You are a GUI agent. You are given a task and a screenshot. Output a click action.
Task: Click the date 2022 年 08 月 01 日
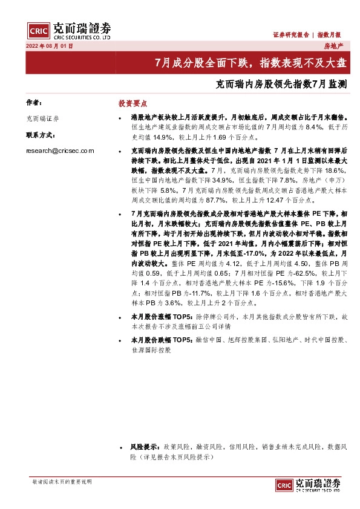50,46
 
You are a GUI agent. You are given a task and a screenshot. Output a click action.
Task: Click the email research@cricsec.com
60,151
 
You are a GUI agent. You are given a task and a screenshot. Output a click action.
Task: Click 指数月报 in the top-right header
330,35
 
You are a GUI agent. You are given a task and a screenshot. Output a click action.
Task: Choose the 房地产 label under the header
333,46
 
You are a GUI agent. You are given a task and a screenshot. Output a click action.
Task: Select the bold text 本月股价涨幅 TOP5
161,316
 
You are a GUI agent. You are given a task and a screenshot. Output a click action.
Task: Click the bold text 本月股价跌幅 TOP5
161,340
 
